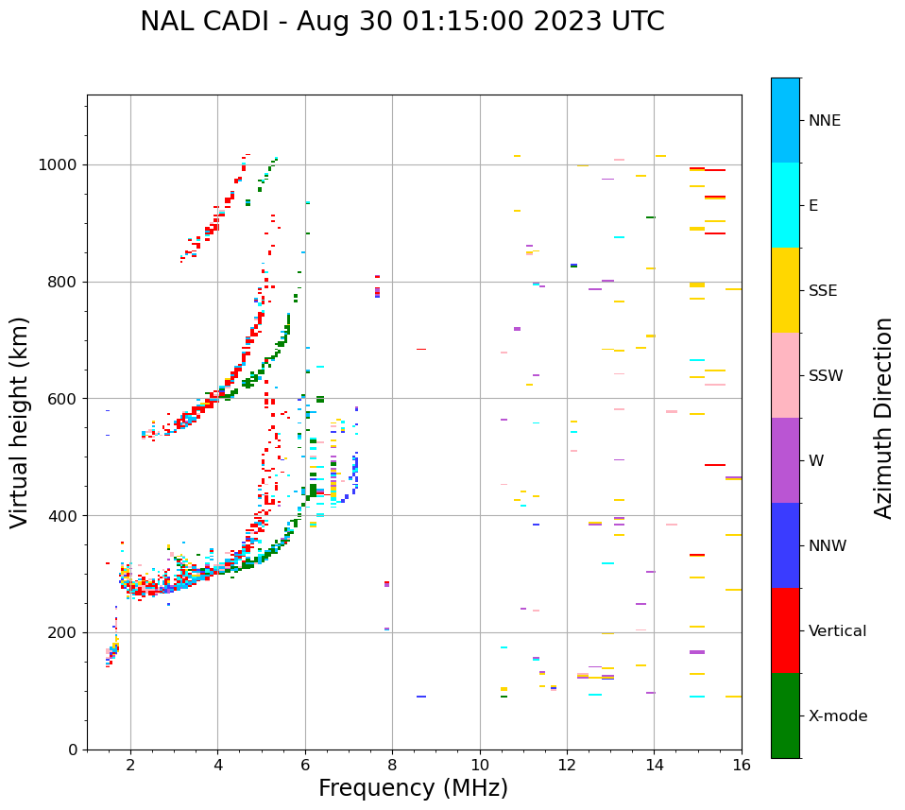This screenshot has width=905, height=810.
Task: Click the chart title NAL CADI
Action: [x=401, y=22]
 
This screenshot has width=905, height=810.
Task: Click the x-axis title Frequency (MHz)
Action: [x=413, y=788]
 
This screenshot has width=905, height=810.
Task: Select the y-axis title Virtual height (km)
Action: [x=20, y=422]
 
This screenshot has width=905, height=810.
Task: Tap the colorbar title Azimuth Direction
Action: [x=883, y=418]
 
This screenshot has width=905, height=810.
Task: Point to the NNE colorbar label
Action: [x=824, y=121]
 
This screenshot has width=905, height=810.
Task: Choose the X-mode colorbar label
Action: [x=837, y=716]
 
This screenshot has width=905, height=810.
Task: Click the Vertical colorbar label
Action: [x=837, y=631]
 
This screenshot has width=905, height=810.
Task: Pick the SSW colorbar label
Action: [x=826, y=376]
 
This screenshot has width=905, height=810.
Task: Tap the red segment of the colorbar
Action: [x=785, y=630]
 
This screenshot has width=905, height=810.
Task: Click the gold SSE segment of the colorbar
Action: [x=785, y=290]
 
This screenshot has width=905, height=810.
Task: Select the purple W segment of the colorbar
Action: [x=785, y=460]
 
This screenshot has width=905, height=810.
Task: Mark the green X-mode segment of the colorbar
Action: [x=785, y=715]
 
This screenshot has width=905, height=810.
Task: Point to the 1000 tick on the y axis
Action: [x=61, y=165]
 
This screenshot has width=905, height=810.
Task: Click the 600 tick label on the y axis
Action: [x=66, y=399]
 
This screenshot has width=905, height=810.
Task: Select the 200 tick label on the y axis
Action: [x=66, y=633]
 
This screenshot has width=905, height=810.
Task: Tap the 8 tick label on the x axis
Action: [x=392, y=765]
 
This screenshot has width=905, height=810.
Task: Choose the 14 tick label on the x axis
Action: [x=654, y=765]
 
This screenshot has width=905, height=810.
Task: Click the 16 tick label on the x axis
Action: [x=741, y=765]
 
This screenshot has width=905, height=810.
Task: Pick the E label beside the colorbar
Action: [x=813, y=206]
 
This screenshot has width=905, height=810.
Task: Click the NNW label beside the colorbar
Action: [x=828, y=546]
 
